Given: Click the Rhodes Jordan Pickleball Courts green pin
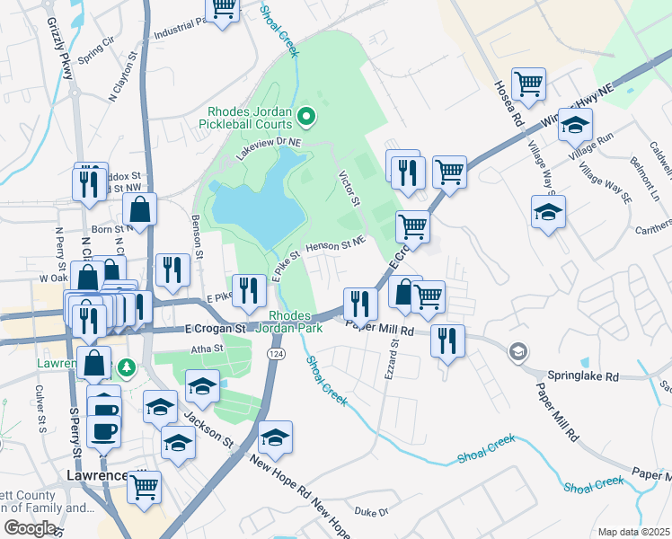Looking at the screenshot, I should pyautogui.click(x=306, y=115).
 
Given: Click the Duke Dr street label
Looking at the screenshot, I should pyautogui.click(x=370, y=511).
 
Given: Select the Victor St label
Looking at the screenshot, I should pyautogui.click(x=349, y=189).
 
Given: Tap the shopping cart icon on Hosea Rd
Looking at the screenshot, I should pyautogui.click(x=529, y=84).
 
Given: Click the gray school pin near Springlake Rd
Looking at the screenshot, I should pyautogui.click(x=517, y=350).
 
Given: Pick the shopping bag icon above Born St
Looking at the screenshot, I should pyautogui.click(x=140, y=210).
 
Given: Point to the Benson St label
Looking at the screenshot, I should pyautogui.click(x=197, y=234).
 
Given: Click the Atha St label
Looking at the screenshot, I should pyautogui.click(x=206, y=349).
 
